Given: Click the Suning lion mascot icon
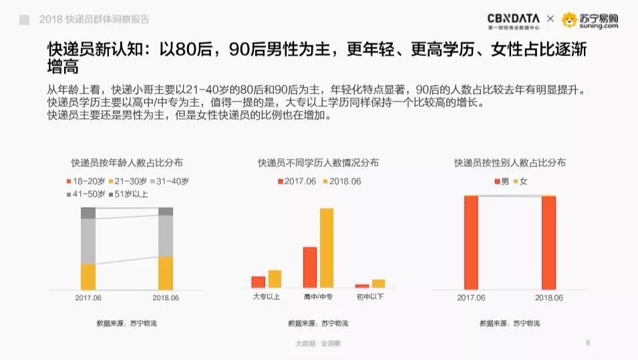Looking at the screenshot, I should [569, 20].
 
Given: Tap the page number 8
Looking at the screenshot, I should [588, 343].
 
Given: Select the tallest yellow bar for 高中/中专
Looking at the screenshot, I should [326, 248].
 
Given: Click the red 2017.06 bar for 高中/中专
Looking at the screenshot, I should [309, 267].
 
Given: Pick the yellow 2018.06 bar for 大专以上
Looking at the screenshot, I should [275, 279].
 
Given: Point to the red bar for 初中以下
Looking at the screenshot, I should [362, 286].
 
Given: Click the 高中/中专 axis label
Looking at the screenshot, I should [318, 297].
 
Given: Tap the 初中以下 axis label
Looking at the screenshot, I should [370, 297].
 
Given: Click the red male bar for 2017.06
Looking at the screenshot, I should [471, 242].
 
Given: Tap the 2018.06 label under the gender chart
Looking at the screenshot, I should [548, 298].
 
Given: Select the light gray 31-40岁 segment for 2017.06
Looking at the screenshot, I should [88, 241].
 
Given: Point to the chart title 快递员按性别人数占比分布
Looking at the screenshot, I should [510, 162].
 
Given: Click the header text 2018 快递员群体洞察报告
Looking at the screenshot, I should [94, 20].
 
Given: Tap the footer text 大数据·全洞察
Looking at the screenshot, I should [318, 344].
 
